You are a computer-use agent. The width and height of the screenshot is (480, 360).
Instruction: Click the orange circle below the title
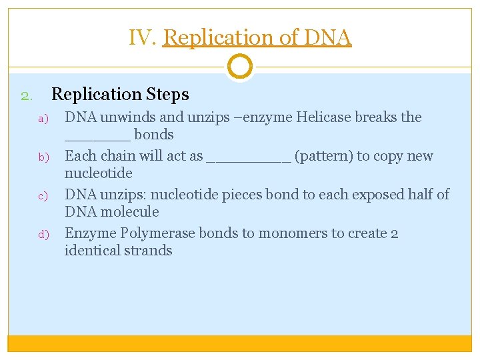(239, 67)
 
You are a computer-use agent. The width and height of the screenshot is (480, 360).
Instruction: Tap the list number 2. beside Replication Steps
(26, 96)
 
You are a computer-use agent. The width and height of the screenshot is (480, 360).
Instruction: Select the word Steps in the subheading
(167, 95)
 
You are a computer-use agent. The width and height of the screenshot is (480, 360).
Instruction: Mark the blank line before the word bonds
(97, 139)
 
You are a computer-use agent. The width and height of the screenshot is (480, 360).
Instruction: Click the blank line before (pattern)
(249, 160)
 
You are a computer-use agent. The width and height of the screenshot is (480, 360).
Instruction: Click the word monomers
(295, 234)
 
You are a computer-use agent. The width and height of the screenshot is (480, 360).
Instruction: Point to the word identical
(93, 251)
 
